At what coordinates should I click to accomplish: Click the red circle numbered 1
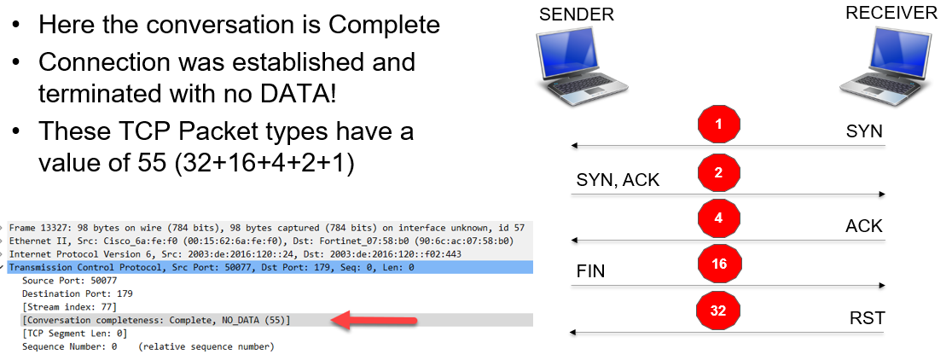718,125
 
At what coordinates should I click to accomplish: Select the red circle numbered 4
718,219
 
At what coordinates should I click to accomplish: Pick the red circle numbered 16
718,264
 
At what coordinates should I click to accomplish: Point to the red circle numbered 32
718,311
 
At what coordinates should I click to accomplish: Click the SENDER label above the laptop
576,15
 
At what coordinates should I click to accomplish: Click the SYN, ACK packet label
618,180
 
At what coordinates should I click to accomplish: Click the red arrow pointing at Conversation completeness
375,321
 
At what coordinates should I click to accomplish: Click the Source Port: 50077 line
70,280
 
